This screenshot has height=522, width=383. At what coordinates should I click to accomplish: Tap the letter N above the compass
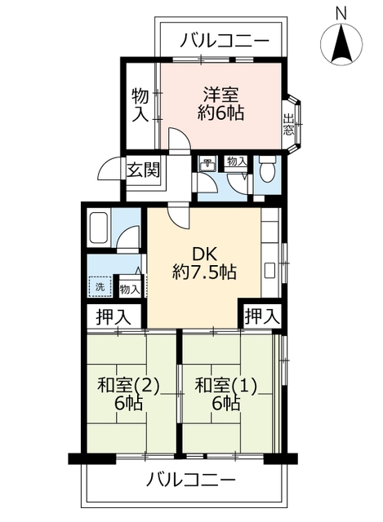[341, 11]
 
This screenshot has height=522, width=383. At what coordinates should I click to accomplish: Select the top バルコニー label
[224, 38]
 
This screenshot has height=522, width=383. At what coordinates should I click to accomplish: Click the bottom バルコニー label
[191, 478]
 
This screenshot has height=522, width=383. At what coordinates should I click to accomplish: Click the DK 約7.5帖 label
[204, 262]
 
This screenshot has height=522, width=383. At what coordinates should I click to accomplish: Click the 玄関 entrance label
[143, 170]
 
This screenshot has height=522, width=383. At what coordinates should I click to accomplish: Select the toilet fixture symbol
[267, 170]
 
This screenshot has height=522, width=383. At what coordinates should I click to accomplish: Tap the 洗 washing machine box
[100, 286]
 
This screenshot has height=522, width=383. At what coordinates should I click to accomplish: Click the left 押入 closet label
[111, 315]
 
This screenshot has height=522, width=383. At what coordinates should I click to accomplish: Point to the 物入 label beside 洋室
[140, 104]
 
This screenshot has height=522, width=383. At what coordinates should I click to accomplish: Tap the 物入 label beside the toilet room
[236, 163]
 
